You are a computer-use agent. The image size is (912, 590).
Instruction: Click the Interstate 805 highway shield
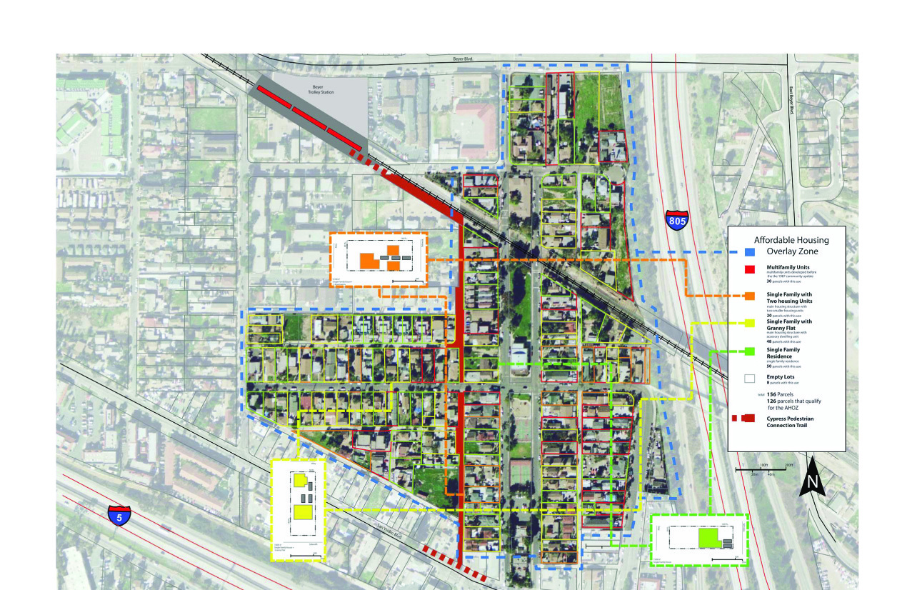[x=677, y=220]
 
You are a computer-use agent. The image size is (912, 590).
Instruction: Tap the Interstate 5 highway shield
[x=119, y=515]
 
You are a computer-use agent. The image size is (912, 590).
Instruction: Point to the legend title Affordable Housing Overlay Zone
[x=793, y=246]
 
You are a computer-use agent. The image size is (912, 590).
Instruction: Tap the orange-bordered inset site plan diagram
[x=379, y=259]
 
